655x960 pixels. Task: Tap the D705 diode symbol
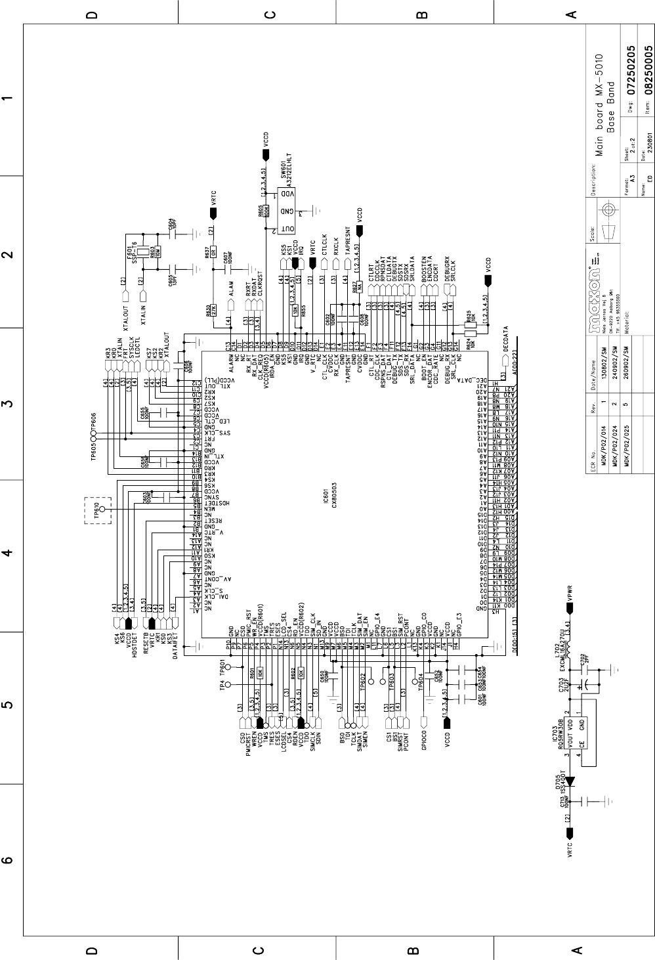pos(570,781)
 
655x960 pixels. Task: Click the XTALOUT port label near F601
pos(125,309)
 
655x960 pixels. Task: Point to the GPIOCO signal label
pos(425,742)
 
